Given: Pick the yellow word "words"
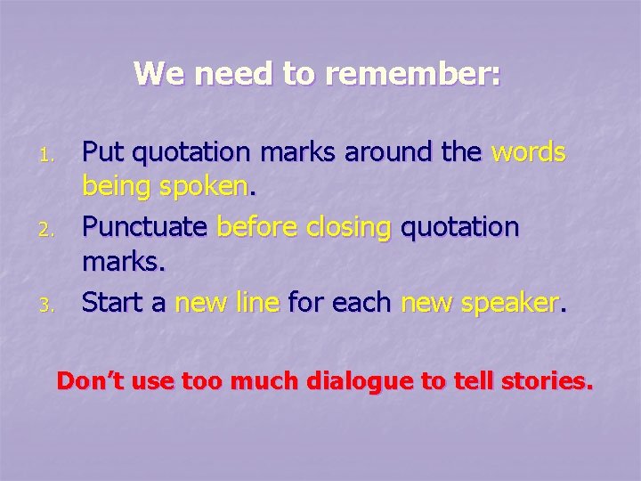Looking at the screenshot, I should click(528, 153).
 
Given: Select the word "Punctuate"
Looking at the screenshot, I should click(145, 228).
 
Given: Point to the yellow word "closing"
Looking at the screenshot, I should click(348, 228).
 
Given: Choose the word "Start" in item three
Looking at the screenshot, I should click(113, 303).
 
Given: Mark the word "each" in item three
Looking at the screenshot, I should click(362, 303).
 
